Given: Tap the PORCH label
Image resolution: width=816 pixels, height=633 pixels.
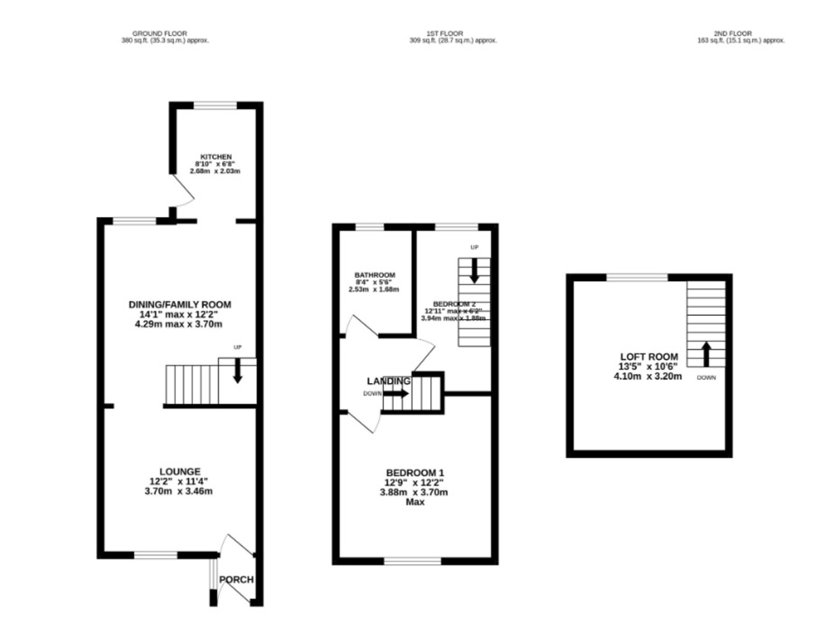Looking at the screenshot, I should click(237, 580).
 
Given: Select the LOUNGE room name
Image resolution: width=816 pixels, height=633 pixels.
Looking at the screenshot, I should click(180, 471).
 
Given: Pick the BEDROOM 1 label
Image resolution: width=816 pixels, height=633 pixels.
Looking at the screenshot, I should click(415, 473).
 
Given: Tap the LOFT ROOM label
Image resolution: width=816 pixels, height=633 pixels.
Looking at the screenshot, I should click(649, 357).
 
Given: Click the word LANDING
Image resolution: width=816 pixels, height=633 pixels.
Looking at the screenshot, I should click(388, 381).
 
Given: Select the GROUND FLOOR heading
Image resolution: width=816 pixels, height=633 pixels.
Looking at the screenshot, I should click(160, 33).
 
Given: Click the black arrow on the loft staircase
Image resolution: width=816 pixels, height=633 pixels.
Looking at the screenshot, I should click(706, 354).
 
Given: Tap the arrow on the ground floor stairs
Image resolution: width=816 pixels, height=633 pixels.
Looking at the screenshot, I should click(237, 371).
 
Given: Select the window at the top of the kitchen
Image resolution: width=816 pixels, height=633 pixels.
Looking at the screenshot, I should click(216, 105).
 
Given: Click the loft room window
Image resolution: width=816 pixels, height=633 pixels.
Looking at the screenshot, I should click(637, 276).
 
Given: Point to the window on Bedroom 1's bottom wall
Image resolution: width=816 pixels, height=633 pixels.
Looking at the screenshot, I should click(412, 562).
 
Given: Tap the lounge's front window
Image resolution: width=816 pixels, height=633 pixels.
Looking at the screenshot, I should click(156, 555).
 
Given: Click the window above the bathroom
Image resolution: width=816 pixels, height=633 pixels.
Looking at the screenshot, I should click(370, 227).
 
